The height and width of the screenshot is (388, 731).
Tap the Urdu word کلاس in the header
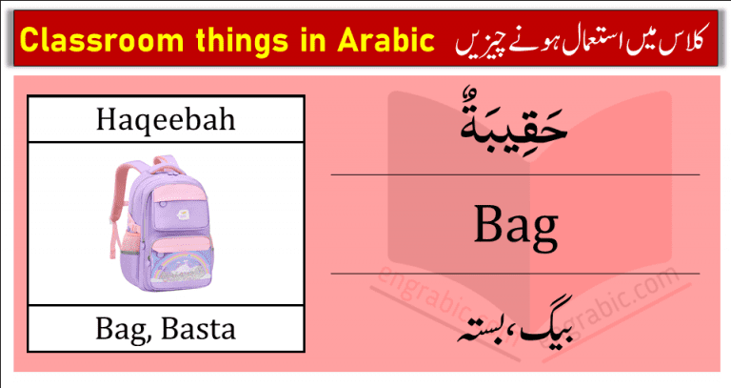(684, 42)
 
